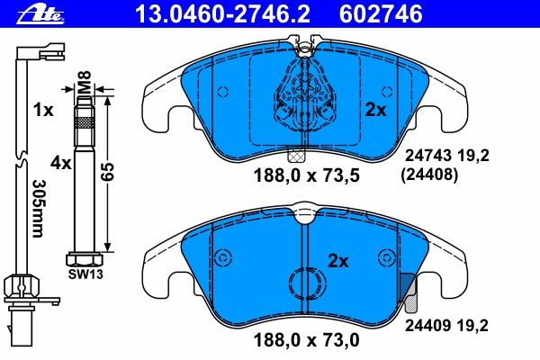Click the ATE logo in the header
41,15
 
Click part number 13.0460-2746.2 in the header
222,14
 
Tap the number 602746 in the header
381,14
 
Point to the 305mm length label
39,209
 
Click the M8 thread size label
84,82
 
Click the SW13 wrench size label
85,274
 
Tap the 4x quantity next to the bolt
61,163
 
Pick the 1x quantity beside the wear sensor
43,110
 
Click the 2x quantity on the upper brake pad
375,110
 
